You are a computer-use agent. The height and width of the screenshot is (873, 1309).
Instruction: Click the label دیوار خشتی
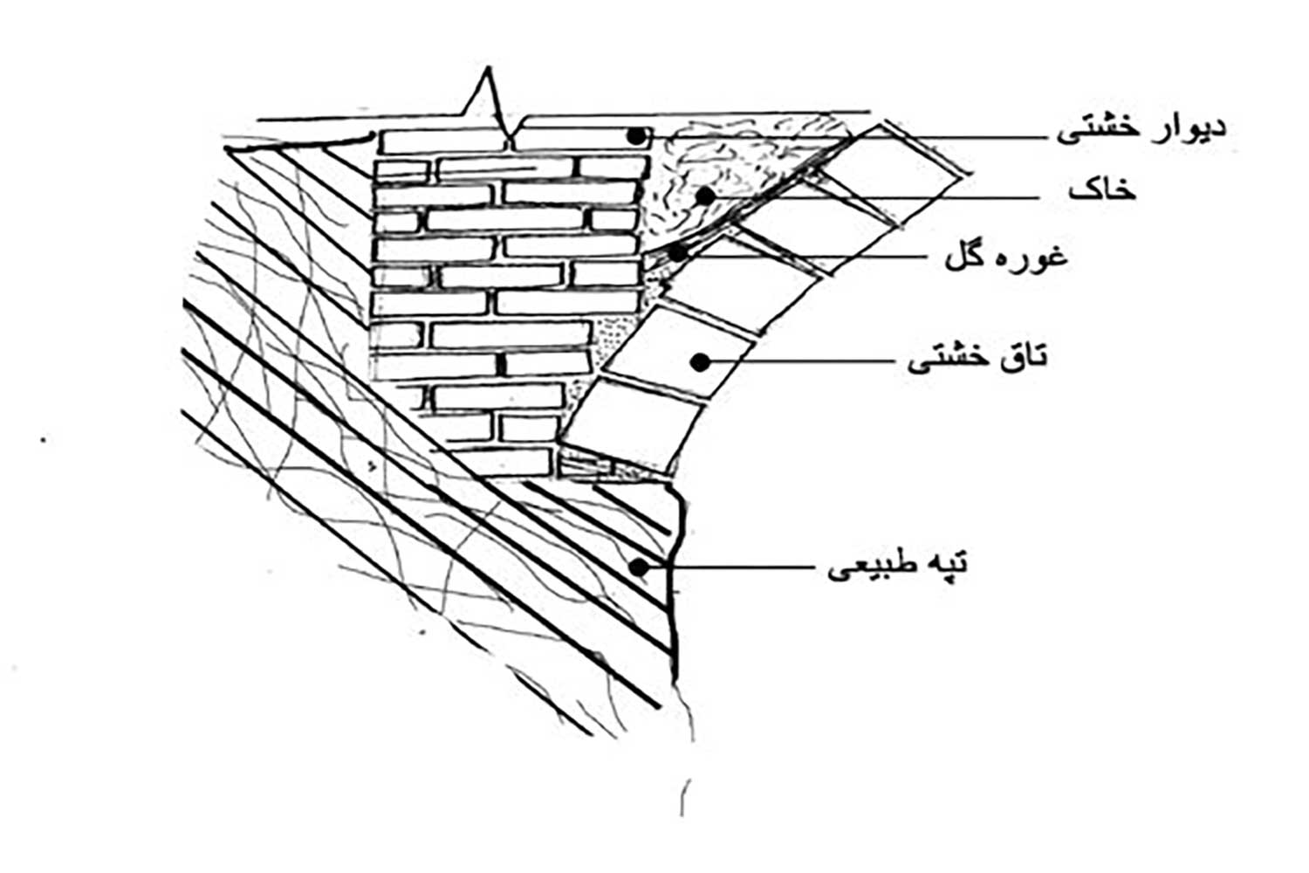(1141, 128)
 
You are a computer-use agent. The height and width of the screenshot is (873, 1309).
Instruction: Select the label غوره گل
(1006, 258)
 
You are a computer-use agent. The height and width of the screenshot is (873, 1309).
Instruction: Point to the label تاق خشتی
(977, 358)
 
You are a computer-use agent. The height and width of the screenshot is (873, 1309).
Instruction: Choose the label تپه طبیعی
(897, 567)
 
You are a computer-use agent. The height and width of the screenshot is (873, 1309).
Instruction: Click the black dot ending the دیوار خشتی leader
(639, 136)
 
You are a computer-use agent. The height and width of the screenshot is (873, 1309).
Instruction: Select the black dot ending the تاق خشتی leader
(699, 360)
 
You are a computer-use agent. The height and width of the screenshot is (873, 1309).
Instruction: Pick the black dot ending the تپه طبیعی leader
(640, 567)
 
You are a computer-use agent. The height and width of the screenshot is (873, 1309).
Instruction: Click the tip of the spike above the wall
(489, 70)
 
